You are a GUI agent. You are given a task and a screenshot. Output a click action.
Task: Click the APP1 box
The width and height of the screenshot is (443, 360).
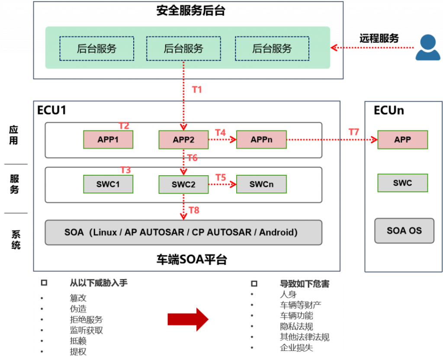pyautogui.click(x=108, y=139)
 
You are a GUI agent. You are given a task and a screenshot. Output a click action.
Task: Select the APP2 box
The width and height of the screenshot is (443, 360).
pyautogui.click(x=183, y=140)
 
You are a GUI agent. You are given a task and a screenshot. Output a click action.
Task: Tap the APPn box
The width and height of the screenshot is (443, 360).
pyautogui.click(x=261, y=140)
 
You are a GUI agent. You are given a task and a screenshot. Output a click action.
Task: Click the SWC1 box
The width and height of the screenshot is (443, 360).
pyautogui.click(x=108, y=184)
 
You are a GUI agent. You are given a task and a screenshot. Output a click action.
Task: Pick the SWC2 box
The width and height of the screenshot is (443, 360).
pyautogui.click(x=183, y=184)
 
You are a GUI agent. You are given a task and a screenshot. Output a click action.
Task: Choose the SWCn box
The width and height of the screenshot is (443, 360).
pyautogui.click(x=261, y=184)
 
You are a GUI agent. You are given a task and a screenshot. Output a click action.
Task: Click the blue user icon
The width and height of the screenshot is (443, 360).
pyautogui.click(x=428, y=48)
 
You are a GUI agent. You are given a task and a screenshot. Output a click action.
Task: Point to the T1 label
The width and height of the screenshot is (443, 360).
pyautogui.click(x=197, y=90)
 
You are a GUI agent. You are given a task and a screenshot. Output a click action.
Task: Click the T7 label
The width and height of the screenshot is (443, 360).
pyautogui.click(x=354, y=132)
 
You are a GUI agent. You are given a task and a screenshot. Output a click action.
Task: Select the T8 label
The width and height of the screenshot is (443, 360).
pyautogui.click(x=194, y=211)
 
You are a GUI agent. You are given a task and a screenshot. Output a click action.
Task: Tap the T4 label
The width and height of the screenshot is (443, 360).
pyautogui.click(x=220, y=132)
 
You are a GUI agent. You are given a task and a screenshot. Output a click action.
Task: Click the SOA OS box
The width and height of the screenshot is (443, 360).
pyautogui.click(x=404, y=231)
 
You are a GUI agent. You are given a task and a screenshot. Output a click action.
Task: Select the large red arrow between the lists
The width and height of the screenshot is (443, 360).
pyautogui.click(x=188, y=320)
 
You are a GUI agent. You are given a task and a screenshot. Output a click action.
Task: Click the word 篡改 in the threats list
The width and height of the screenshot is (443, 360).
pyautogui.click(x=78, y=298)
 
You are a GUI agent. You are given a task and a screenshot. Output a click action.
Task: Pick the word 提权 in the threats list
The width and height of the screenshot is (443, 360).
pyautogui.click(x=78, y=351)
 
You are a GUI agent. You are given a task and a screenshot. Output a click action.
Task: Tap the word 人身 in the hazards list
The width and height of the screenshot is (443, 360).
pyautogui.click(x=289, y=295)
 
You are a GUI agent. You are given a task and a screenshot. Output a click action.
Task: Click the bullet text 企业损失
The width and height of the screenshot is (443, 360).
pyautogui.click(x=296, y=347)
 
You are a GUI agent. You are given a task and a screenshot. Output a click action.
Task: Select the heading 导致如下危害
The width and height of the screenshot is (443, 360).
pyautogui.click(x=305, y=284)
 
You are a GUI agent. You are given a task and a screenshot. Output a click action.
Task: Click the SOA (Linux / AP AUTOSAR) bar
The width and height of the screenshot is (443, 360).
pyautogui.click(x=183, y=232)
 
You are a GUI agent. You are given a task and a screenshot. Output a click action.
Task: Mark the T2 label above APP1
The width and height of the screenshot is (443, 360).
pyautogui.click(x=124, y=126)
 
